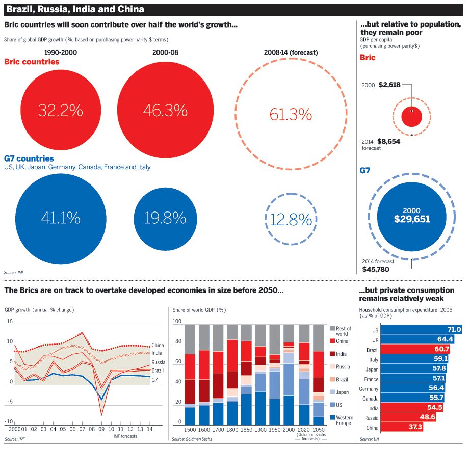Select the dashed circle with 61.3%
[x=291, y=115]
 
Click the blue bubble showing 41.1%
[x=60, y=218]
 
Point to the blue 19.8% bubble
[x=164, y=218]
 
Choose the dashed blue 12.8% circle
[x=291, y=220]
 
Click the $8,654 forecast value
[x=388, y=141]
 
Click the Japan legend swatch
[x=333, y=392]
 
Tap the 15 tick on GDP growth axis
[x=10, y=321]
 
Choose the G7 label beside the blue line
[x=155, y=380]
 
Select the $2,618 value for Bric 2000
[x=389, y=85]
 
